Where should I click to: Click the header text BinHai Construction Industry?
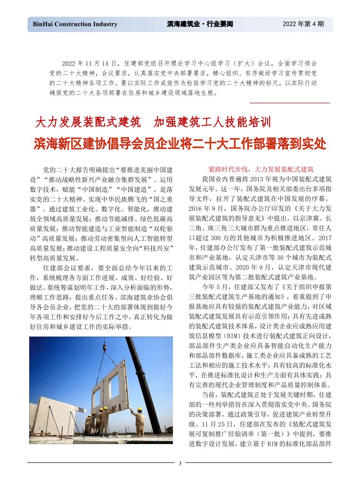75,24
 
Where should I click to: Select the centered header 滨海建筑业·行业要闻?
200,24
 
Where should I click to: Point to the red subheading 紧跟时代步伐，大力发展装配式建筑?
261,169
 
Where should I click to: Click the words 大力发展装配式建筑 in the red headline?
89,123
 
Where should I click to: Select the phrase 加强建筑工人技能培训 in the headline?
213,123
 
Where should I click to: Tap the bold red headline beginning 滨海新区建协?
180,143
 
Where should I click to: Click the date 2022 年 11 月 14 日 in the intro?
89,63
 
